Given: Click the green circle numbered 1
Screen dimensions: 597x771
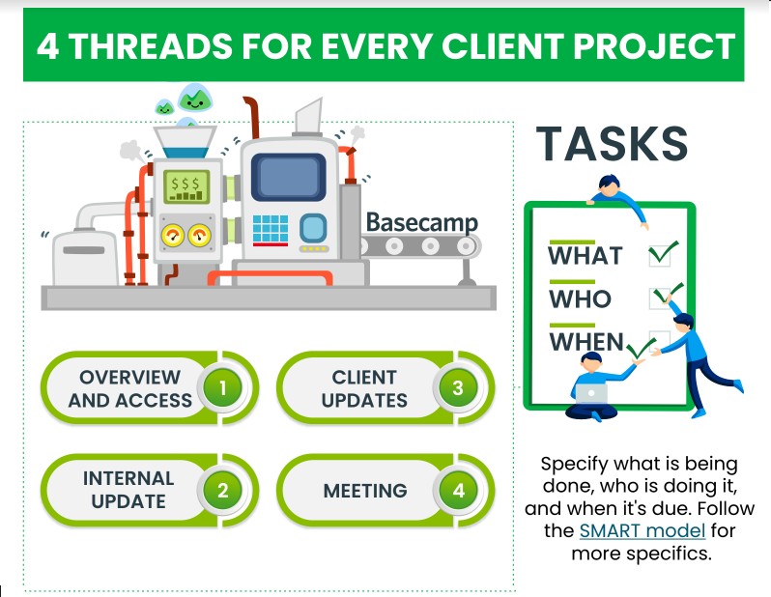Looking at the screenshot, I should coord(222,388).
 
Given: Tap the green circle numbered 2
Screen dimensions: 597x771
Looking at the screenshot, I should coord(222,489).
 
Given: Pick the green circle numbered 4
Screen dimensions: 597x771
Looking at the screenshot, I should coord(458,490).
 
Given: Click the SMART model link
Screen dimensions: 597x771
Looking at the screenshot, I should coord(642,530).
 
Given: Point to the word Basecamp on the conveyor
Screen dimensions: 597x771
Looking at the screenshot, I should coord(421,223).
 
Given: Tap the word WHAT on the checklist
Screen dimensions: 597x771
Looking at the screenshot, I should coord(585,256).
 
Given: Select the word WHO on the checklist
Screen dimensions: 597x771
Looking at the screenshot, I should coord(580,299).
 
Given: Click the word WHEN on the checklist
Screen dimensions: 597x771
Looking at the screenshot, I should coord(586,342).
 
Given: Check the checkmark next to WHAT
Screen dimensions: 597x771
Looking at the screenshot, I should coord(663,254).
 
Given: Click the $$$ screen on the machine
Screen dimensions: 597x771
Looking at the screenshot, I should coord(185,184).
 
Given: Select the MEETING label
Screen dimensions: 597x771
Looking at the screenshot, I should coord(364,490).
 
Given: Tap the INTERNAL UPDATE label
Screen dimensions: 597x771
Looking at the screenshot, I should coord(128,489).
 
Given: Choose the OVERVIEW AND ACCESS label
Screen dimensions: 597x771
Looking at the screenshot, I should coord(129,388).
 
